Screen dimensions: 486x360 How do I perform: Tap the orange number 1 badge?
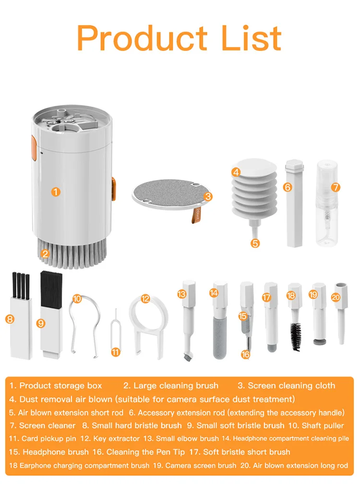click(x=56, y=192)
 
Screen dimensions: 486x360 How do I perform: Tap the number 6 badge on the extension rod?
click(x=288, y=187)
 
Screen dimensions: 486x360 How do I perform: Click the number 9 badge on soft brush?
click(x=41, y=323)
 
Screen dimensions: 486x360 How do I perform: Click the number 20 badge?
click(x=336, y=297)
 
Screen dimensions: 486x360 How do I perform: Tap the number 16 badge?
click(x=245, y=354)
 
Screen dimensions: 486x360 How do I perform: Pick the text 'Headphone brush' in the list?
click(x=55, y=452)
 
